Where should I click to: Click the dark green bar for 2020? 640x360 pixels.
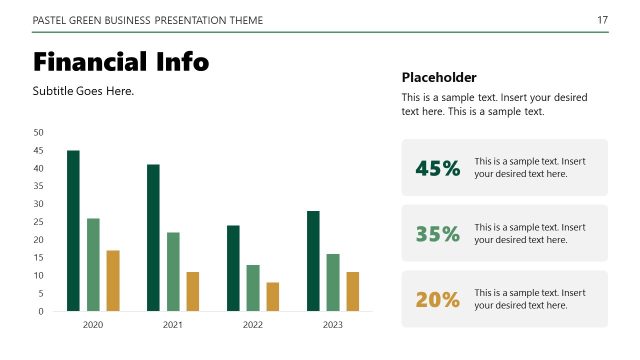coord(73,230)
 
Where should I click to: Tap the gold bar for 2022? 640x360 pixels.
coord(273,296)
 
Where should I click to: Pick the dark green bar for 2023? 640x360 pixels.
coord(313,260)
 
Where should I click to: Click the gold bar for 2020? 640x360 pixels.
coord(113,280)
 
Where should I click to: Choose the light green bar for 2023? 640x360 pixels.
coord(333,282)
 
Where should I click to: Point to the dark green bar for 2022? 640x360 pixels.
coord(233,268)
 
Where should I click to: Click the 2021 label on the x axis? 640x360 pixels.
coord(173,325)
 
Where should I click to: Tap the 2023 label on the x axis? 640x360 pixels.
coord(333,325)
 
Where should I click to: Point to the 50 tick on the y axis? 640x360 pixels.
coord(39,132)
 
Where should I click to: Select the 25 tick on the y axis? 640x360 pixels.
coord(39,222)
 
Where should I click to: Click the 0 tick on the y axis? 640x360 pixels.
coord(41,311)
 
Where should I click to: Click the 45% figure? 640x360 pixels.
coord(438,168)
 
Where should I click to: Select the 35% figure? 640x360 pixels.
coord(438,234)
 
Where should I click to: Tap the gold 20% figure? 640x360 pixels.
coord(438,299)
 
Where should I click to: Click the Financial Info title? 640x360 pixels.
coord(121,62)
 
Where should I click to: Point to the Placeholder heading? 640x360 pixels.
coord(439,77)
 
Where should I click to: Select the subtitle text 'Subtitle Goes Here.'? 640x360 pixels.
coord(83,91)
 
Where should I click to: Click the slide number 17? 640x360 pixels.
coord(602,20)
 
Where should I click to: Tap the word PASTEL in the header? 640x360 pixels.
coord(50,20)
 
